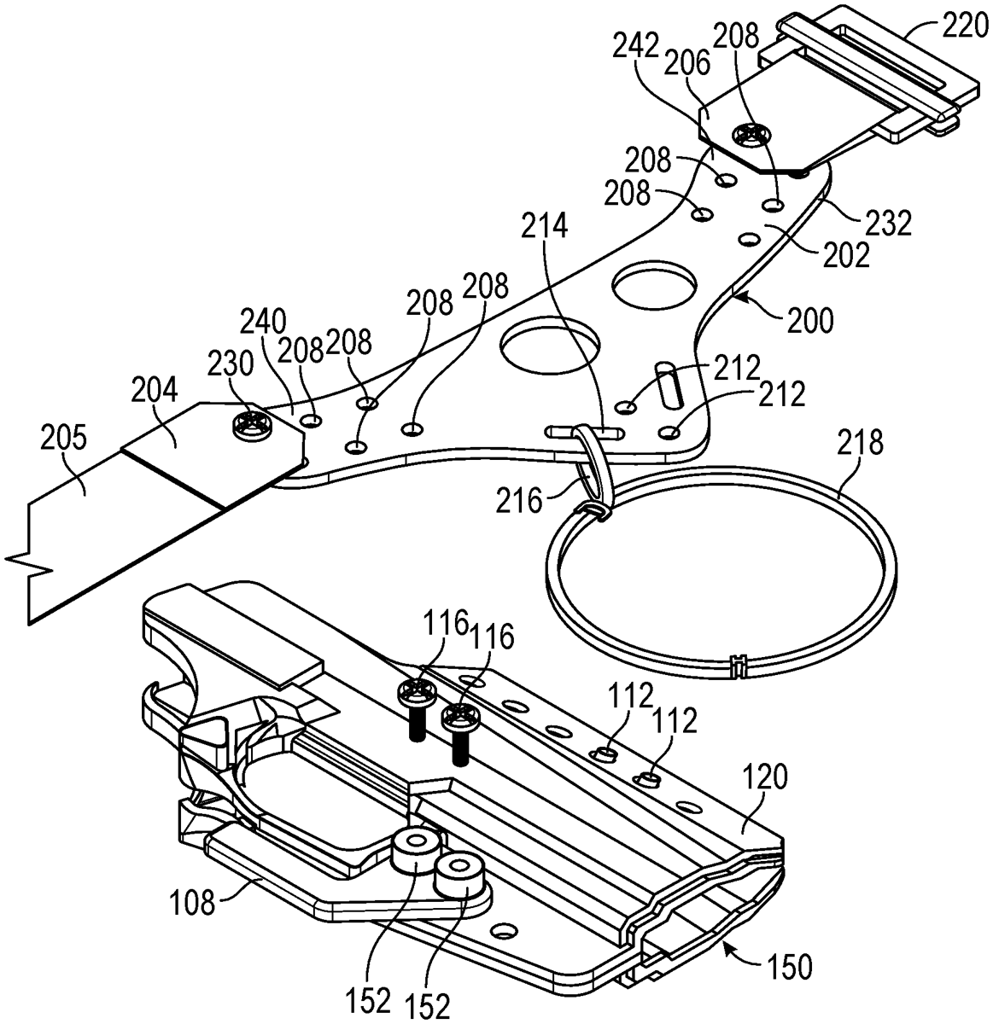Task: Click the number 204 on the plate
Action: click(155, 391)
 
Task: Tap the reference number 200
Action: click(811, 320)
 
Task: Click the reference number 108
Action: click(193, 902)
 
